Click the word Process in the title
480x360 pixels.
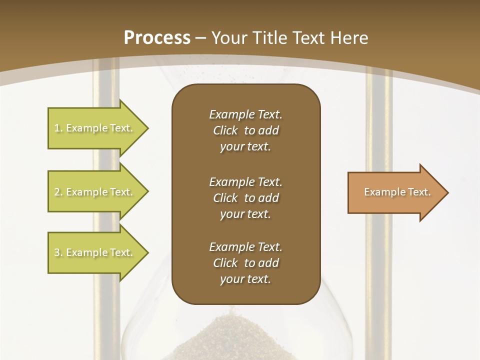pyautogui.click(x=157, y=38)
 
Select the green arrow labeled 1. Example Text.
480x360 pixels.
pyautogui.click(x=94, y=128)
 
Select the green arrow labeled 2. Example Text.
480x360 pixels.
pyautogui.click(x=94, y=192)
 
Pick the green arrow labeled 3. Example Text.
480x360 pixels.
pyautogui.click(x=94, y=252)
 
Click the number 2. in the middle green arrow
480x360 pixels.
pyautogui.click(x=58, y=192)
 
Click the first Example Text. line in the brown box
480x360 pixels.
pyautogui.click(x=245, y=114)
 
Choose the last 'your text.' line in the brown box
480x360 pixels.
pyautogui.click(x=245, y=279)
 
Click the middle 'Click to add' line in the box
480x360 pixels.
pyautogui.click(x=245, y=198)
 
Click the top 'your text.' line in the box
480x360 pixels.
pyautogui.click(x=245, y=146)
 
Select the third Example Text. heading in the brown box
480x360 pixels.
pyautogui.click(x=245, y=247)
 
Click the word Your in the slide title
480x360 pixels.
pyautogui.click(x=229, y=38)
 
